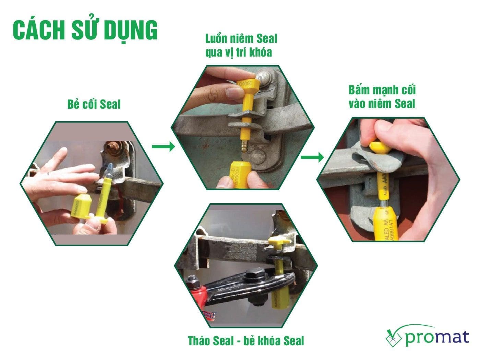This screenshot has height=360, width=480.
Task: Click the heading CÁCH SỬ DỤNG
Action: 85,30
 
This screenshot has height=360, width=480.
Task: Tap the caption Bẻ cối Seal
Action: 94,104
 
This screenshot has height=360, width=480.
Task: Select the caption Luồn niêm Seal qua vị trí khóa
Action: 241,45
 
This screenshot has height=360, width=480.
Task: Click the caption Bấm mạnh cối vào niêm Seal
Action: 382,97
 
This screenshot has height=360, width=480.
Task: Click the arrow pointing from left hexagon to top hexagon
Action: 163,147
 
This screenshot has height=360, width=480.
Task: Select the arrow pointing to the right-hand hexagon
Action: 312,157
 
